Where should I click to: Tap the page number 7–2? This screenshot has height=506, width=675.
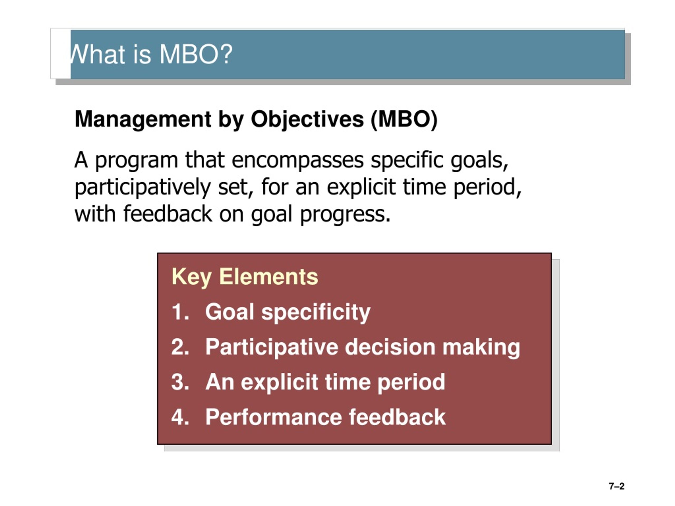pos(616,486)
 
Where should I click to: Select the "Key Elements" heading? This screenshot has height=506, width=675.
pos(245,277)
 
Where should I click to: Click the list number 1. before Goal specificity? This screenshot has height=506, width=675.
pos(180,312)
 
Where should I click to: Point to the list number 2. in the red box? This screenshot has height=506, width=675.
pos(180,347)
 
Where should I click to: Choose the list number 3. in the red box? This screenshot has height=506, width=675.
pos(180,382)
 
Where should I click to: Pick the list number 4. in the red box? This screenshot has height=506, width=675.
pos(180,417)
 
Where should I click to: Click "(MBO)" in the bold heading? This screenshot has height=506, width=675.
pos(404,120)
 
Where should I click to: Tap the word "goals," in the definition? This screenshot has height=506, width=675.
pos(479,161)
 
